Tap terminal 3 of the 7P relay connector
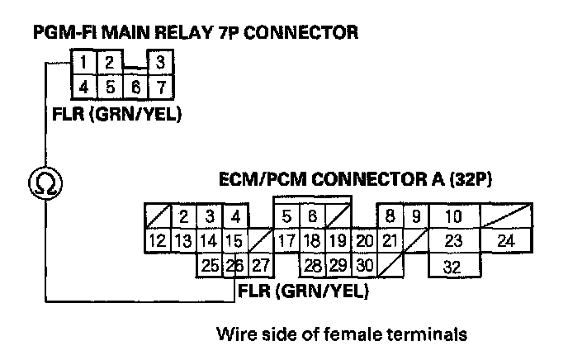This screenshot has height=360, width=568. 160,62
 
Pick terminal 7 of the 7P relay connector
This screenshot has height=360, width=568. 160,85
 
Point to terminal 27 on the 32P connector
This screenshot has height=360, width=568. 261,266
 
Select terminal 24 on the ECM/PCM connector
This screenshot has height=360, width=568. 506,241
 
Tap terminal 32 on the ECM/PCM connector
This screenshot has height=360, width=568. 451,268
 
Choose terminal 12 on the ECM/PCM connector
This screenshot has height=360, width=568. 158,242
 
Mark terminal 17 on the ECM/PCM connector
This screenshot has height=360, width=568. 286,242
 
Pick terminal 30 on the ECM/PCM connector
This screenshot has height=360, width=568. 365,266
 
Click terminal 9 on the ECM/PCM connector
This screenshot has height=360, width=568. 416,217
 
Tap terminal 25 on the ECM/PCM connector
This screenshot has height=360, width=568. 210,266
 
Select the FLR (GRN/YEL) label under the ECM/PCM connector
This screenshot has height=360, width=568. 302,291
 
